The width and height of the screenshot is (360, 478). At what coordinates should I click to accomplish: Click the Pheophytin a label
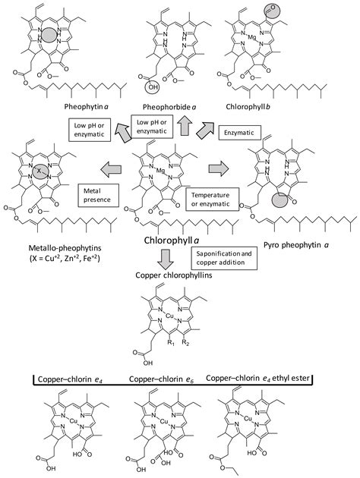pos(87,107)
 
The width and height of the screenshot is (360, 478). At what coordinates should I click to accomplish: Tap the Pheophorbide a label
pos(169,107)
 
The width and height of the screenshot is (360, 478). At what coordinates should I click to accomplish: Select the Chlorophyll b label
pos(248,107)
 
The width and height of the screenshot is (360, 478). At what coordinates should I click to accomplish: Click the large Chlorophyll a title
pos(172,241)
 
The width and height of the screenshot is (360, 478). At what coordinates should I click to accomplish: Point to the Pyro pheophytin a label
pos(296,245)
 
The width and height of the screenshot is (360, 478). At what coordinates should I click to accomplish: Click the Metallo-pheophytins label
pos(65,248)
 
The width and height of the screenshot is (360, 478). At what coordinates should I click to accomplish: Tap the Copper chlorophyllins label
pos(174,275)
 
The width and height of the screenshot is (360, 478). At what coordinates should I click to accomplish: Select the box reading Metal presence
pos(98,196)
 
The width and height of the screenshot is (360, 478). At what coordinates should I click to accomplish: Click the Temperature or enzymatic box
pos(213,200)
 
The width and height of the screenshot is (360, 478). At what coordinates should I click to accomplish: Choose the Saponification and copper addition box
pos(224,258)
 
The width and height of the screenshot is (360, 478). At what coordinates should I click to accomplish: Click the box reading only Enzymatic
pos(240,133)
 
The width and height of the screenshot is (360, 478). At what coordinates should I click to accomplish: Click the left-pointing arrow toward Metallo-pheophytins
pos(111,169)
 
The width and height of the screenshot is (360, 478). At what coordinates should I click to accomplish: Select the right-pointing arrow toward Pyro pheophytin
pos(219,168)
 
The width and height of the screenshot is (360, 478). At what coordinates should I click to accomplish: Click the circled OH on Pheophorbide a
pos(152,87)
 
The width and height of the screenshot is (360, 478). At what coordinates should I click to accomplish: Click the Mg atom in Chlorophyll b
pos(251,37)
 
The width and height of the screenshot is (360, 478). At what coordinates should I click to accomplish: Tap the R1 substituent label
pos(171,343)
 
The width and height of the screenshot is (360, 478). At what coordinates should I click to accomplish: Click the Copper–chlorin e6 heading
pos(161,379)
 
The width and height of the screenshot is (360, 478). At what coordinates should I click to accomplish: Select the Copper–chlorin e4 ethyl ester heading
pos(257,379)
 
